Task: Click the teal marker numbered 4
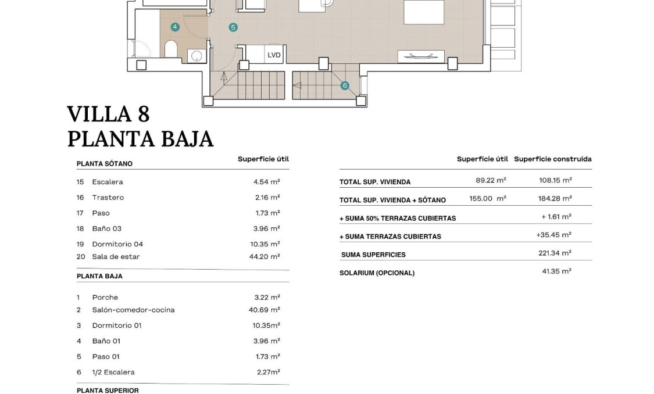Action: coord(175,27)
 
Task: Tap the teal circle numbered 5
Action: coord(233,27)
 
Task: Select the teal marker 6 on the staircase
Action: coord(345,85)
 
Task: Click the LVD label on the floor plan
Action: coord(274,56)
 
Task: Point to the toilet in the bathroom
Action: coord(171,49)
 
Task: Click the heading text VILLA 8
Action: coord(108,114)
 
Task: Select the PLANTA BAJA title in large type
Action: coord(140,139)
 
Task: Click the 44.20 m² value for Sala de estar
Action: coord(266,256)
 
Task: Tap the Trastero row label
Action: coord(108,198)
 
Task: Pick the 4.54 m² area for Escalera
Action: coord(266,182)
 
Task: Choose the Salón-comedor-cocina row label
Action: coord(133,310)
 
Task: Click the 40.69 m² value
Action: coord(264,310)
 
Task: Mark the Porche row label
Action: coord(105,298)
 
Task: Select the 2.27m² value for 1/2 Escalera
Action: coord(268,372)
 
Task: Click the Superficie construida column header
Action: coord(552,159)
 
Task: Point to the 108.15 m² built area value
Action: coord(555,181)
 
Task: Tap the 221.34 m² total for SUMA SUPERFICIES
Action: coord(555,253)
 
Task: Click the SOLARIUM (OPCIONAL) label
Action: coord(377,273)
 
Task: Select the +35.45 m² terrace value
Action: coord(553,235)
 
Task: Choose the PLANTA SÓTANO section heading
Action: coord(105,164)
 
